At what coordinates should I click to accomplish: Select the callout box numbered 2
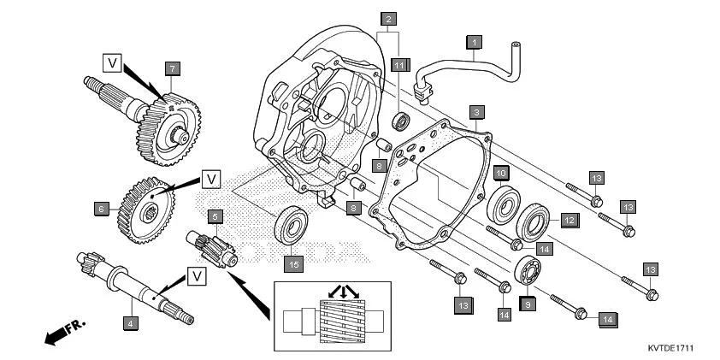(x=389, y=18)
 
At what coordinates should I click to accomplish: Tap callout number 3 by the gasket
(x=476, y=111)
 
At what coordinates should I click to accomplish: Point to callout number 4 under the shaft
(x=130, y=323)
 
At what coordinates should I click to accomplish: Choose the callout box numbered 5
(x=215, y=217)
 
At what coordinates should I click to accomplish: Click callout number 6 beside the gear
(x=102, y=208)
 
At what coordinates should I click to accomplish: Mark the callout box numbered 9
(x=528, y=303)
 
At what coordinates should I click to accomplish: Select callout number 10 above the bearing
(x=500, y=172)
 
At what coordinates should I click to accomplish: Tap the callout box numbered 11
(x=398, y=64)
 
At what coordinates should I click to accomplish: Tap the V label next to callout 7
(x=112, y=61)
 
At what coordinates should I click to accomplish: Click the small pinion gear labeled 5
(x=215, y=247)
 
